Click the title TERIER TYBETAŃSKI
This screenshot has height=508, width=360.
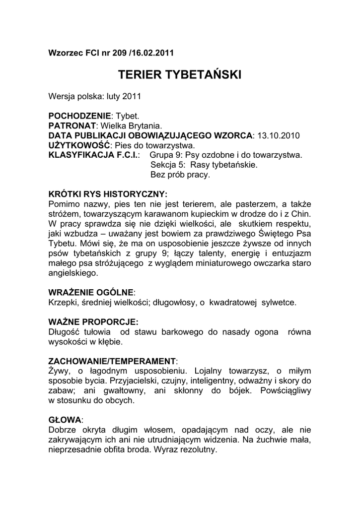pyautogui.click(x=180, y=75)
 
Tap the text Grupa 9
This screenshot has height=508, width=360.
pyautogui.click(x=165, y=155)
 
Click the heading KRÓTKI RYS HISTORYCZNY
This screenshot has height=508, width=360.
pyautogui.click(x=108, y=193)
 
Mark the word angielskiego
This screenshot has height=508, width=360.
pyautogui.click(x=73, y=272)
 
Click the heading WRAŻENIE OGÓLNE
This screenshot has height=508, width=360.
pyautogui.click(x=91, y=292)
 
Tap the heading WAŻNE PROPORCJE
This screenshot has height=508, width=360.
pyautogui.click(x=93, y=321)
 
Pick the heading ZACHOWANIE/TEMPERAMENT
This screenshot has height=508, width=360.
pyautogui.click(x=112, y=361)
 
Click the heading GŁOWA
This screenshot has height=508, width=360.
pyautogui.click(x=65, y=419)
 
